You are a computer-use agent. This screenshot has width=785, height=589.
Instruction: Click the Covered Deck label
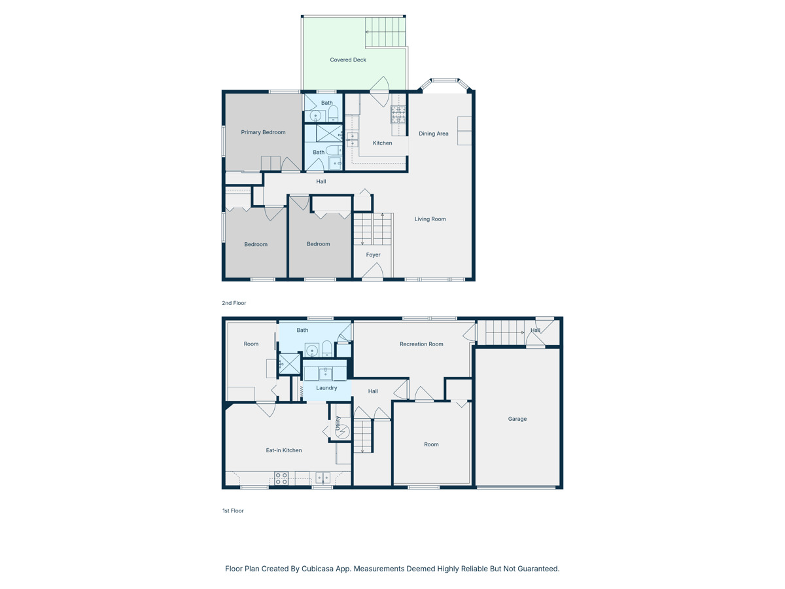tap(347, 60)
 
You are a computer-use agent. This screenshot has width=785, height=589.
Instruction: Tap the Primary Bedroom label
tap(263, 132)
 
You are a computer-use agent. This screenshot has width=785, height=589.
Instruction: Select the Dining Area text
tap(434, 134)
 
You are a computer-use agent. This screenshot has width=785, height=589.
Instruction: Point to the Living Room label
tap(430, 219)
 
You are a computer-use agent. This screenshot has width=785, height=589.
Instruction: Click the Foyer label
tap(373, 255)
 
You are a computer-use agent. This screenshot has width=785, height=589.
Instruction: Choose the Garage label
tap(517, 419)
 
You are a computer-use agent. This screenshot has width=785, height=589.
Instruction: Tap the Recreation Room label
tap(421, 344)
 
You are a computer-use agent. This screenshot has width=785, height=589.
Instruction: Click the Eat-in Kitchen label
tap(284, 450)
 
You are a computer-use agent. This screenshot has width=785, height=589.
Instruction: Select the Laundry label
tap(326, 387)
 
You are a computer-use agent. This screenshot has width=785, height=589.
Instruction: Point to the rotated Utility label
tap(338, 423)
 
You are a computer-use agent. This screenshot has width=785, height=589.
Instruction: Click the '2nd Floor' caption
tap(234, 303)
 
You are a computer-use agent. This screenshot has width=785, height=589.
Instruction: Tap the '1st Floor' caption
tap(233, 510)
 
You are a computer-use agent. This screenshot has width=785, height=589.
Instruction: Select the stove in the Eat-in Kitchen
tap(281, 478)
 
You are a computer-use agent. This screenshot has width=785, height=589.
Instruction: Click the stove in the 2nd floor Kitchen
tap(398, 114)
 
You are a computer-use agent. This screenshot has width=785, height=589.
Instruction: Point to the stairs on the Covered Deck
tap(385, 32)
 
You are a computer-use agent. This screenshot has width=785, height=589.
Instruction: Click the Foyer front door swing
tap(373, 271)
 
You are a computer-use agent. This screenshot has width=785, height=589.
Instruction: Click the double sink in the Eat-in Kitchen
tap(323, 478)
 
